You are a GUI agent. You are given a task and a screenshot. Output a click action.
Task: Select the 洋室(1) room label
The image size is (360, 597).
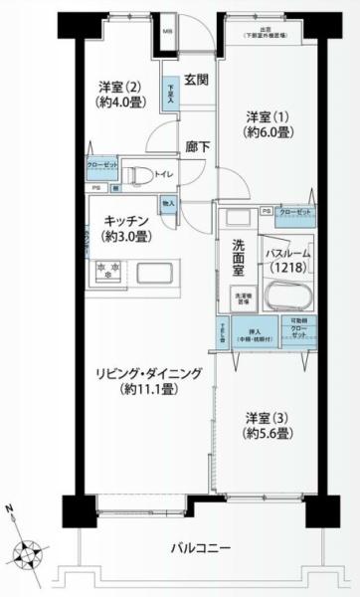(x=269, y=124)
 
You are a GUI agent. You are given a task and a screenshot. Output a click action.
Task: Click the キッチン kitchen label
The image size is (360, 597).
(x=124, y=227)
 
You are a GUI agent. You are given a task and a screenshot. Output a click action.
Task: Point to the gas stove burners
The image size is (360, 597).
(x=106, y=271)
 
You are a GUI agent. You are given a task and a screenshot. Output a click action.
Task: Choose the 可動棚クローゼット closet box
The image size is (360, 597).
(x=299, y=329)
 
